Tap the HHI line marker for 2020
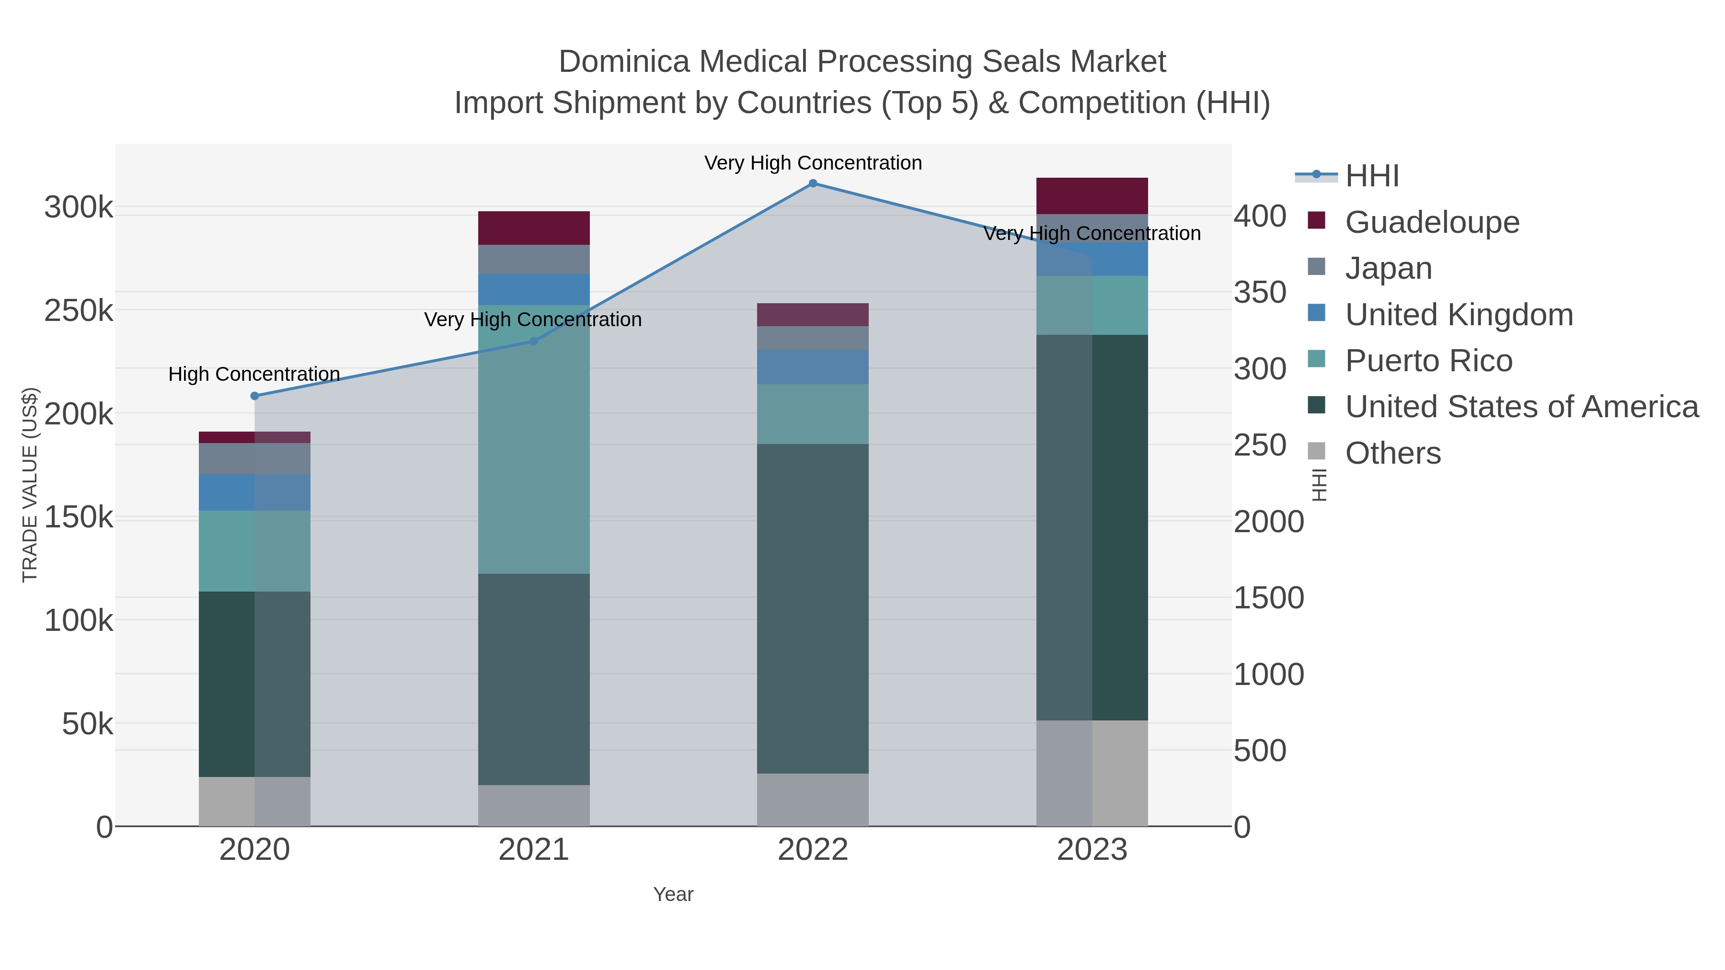254,396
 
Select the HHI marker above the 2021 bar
534,342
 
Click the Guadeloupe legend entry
1432,222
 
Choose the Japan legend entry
1388,268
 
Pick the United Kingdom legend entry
1459,315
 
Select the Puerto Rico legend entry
1428,361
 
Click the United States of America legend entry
1521,407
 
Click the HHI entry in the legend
1371,176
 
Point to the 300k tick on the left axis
79,207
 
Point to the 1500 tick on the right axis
1268,598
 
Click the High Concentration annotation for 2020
254,374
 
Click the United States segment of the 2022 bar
812,608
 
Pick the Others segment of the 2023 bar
1092,773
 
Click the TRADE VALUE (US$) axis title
30,485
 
